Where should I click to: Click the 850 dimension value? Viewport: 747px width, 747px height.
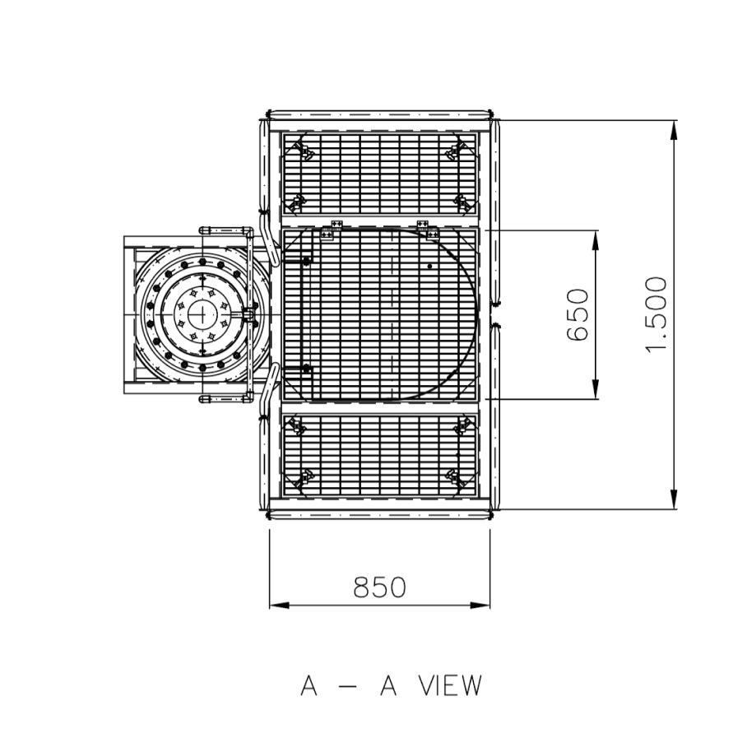[x=379, y=587]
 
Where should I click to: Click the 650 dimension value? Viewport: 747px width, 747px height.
[x=578, y=315]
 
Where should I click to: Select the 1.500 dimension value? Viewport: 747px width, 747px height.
[x=656, y=315]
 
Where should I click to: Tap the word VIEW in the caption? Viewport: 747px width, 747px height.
[x=450, y=685]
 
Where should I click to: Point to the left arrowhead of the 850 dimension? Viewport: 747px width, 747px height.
[x=279, y=605]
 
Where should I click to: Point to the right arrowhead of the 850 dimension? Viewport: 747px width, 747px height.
[x=480, y=605]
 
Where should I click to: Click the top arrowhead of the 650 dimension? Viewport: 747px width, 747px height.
[x=595, y=240]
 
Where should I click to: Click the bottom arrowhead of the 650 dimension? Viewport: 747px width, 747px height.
[x=595, y=389]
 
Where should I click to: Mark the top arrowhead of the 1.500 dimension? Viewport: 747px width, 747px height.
[x=673, y=130]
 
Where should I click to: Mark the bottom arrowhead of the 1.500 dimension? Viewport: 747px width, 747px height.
[x=673, y=499]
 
